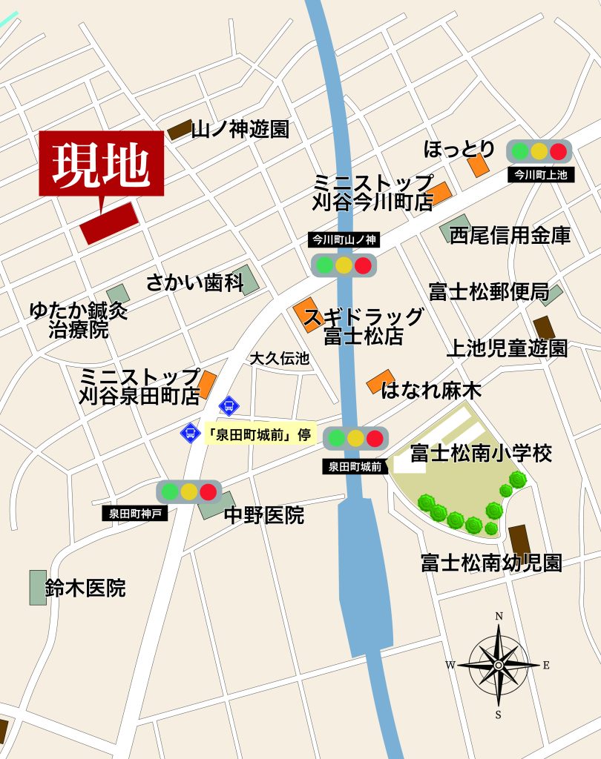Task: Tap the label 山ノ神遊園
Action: (240, 130)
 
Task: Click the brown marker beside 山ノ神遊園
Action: (180, 130)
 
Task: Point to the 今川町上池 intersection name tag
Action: (539, 175)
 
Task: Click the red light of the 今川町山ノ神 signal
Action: (363, 265)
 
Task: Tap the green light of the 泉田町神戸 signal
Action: (170, 491)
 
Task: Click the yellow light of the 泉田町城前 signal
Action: (355, 438)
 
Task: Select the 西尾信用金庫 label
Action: (510, 236)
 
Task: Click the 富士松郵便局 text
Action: (488, 292)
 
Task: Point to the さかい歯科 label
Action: (194, 282)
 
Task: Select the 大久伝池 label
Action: (279, 359)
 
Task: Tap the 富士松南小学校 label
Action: (481, 453)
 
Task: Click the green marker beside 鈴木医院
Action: (37, 587)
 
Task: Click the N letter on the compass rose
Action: (499, 615)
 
